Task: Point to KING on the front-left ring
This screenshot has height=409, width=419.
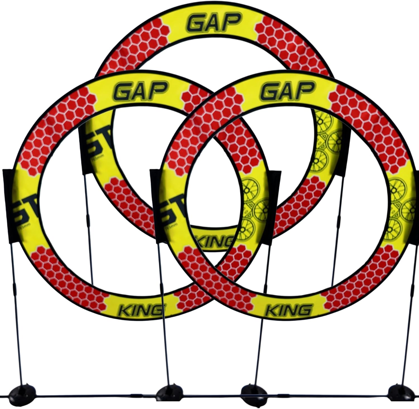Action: [141, 309]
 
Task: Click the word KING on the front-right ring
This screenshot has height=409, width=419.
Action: [288, 309]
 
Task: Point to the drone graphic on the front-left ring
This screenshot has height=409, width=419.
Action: [253, 207]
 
